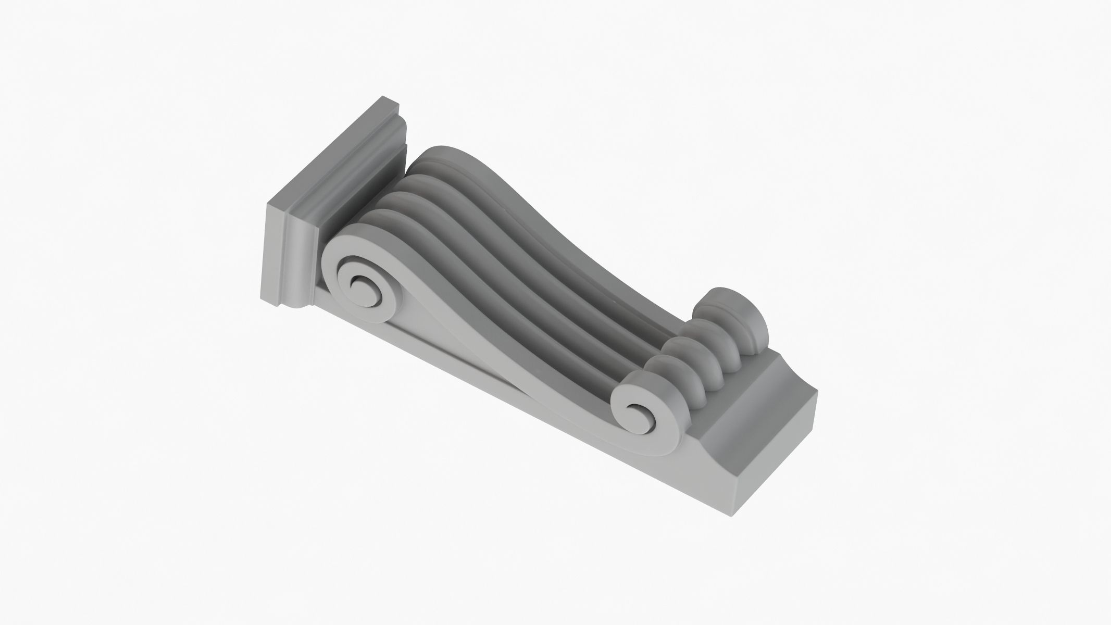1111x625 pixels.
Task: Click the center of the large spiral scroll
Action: (x=360, y=286)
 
